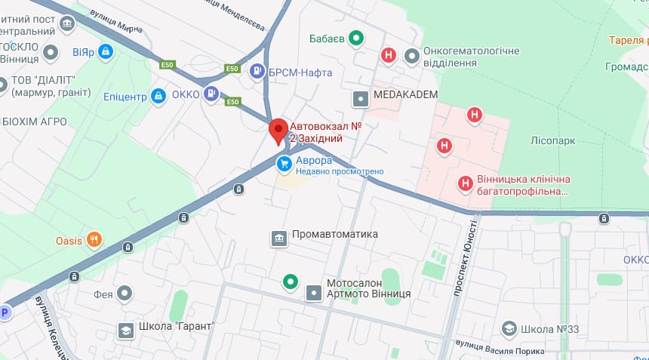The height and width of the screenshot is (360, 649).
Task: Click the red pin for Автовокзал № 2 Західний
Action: coord(278,131)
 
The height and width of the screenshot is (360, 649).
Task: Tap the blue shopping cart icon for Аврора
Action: coord(285,162)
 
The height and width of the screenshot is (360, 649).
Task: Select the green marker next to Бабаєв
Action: coord(359,38)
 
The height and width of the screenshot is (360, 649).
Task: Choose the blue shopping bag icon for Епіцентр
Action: coord(158,95)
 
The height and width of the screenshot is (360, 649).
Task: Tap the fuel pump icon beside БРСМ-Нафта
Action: coord(257,72)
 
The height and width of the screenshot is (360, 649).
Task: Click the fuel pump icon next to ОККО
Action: coord(212,94)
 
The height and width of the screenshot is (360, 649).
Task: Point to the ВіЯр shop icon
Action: coord(106,52)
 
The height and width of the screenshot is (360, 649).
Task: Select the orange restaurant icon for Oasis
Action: coord(94,241)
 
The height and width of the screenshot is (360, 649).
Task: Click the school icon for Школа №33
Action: coord(509,329)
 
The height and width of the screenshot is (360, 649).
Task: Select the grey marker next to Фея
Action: coord(125,294)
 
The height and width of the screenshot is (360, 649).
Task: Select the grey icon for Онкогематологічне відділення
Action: coord(412,56)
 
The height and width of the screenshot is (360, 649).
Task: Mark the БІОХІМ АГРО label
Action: coord(34,122)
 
